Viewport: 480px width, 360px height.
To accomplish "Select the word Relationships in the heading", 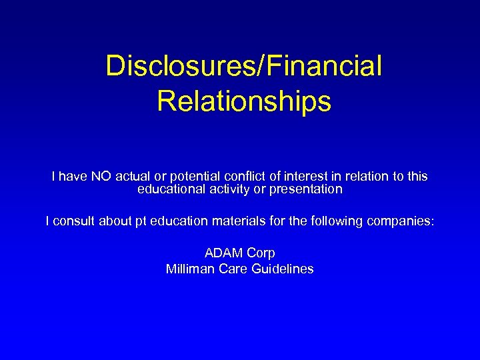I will click(244, 101).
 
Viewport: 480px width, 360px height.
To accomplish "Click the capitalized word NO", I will click(102, 177).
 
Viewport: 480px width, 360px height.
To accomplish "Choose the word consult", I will click(73, 221).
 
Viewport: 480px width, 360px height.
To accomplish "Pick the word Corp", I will click(261, 253).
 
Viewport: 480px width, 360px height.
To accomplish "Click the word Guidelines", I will click(282, 269).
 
